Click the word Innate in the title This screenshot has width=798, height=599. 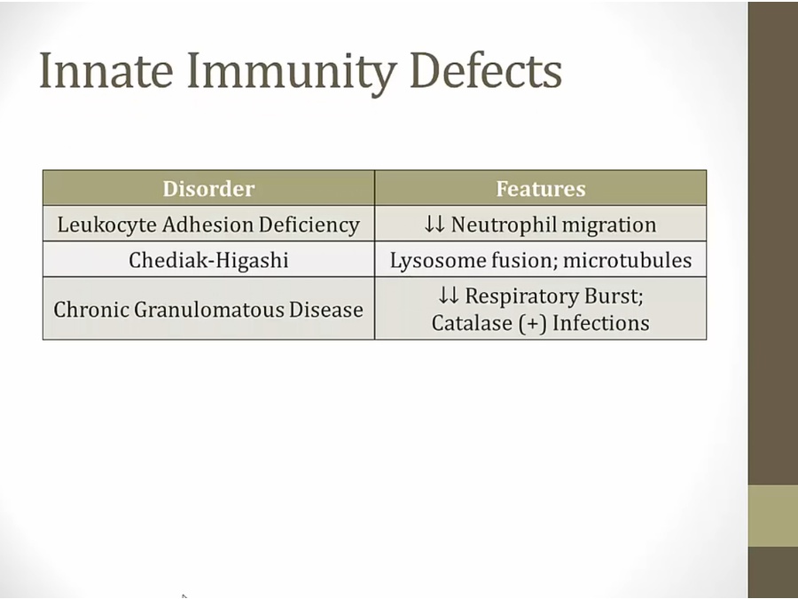(x=106, y=70)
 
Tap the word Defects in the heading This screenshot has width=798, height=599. (x=486, y=70)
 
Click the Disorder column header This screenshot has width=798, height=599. (x=208, y=189)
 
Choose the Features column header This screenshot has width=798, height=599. (x=541, y=189)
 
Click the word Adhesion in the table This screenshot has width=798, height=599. (x=207, y=225)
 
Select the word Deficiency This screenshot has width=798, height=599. (x=309, y=225)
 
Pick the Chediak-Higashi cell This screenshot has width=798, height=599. (x=208, y=260)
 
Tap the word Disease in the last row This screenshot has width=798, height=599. (x=325, y=310)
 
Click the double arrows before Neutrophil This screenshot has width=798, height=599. (x=434, y=225)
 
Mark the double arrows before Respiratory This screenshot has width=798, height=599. (x=449, y=296)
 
